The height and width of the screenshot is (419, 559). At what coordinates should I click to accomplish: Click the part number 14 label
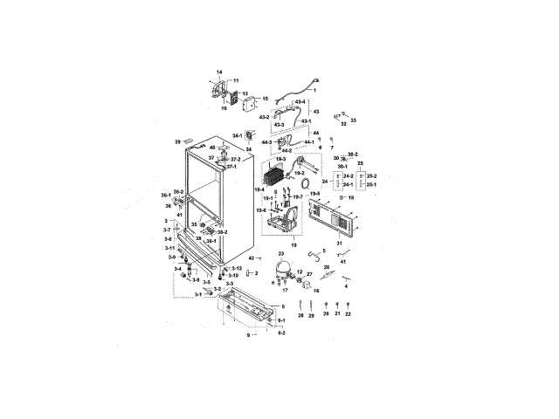tap(219, 72)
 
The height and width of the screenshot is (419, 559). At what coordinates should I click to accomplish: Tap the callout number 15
tap(266, 100)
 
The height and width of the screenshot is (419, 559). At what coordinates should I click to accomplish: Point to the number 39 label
tap(177, 141)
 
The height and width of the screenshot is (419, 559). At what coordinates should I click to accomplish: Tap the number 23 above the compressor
tap(281, 253)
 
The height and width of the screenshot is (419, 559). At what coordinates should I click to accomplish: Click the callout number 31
tap(337, 244)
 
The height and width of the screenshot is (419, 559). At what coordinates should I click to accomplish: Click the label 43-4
tap(300, 102)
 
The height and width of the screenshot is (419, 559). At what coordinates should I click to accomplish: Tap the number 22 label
tap(348, 314)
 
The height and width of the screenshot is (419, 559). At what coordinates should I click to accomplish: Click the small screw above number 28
tap(300, 302)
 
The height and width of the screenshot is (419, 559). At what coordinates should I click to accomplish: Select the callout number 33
tap(354, 120)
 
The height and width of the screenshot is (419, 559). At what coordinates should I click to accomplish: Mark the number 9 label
tap(248, 335)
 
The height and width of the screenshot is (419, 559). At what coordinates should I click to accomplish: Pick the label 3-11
tap(170, 249)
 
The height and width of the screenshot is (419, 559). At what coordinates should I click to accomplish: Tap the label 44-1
tap(308, 141)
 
